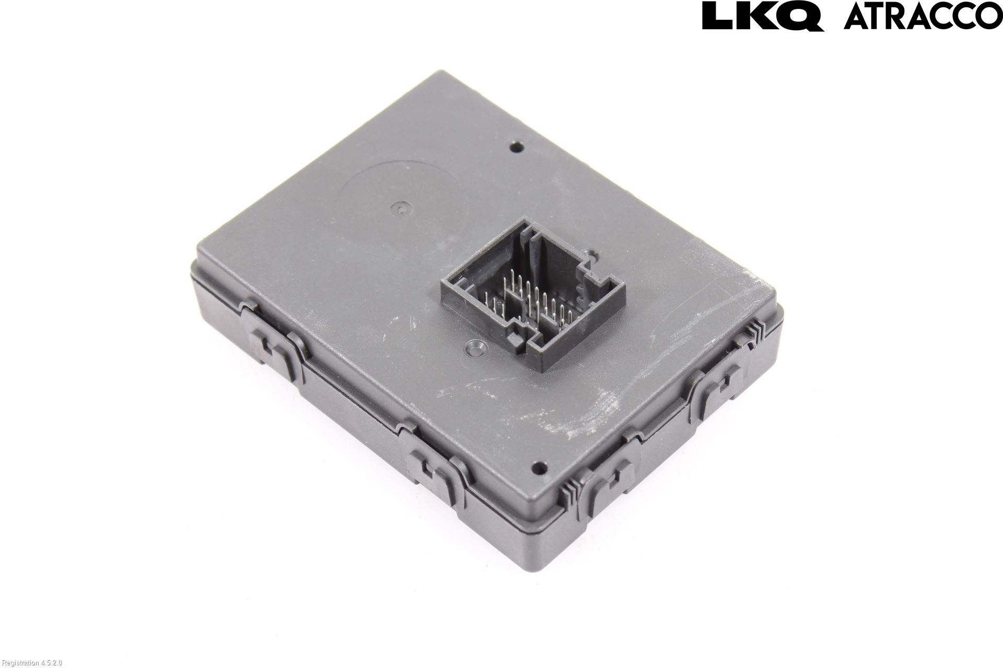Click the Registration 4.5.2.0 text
click(31, 663)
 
